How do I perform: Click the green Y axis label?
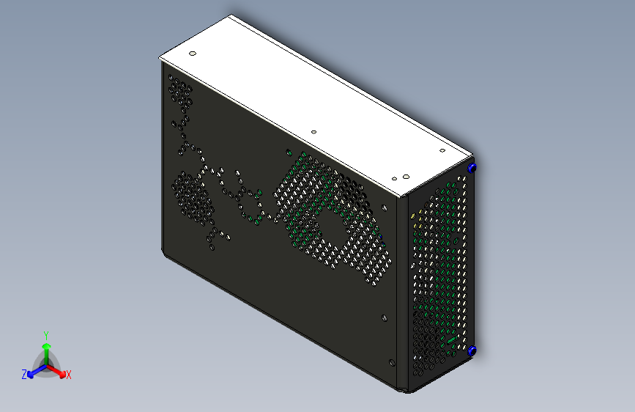46,334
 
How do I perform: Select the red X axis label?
69,375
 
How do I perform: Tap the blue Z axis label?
24,374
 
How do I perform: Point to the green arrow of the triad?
46,348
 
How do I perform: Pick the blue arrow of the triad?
34,371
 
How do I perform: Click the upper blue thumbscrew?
472,168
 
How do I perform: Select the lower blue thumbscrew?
472,351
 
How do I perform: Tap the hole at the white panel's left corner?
193,54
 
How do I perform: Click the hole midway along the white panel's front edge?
313,132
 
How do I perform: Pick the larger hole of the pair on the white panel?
405,176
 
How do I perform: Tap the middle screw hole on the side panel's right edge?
385,318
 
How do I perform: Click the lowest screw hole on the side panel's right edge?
391,361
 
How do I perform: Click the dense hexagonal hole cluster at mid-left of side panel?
192,194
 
